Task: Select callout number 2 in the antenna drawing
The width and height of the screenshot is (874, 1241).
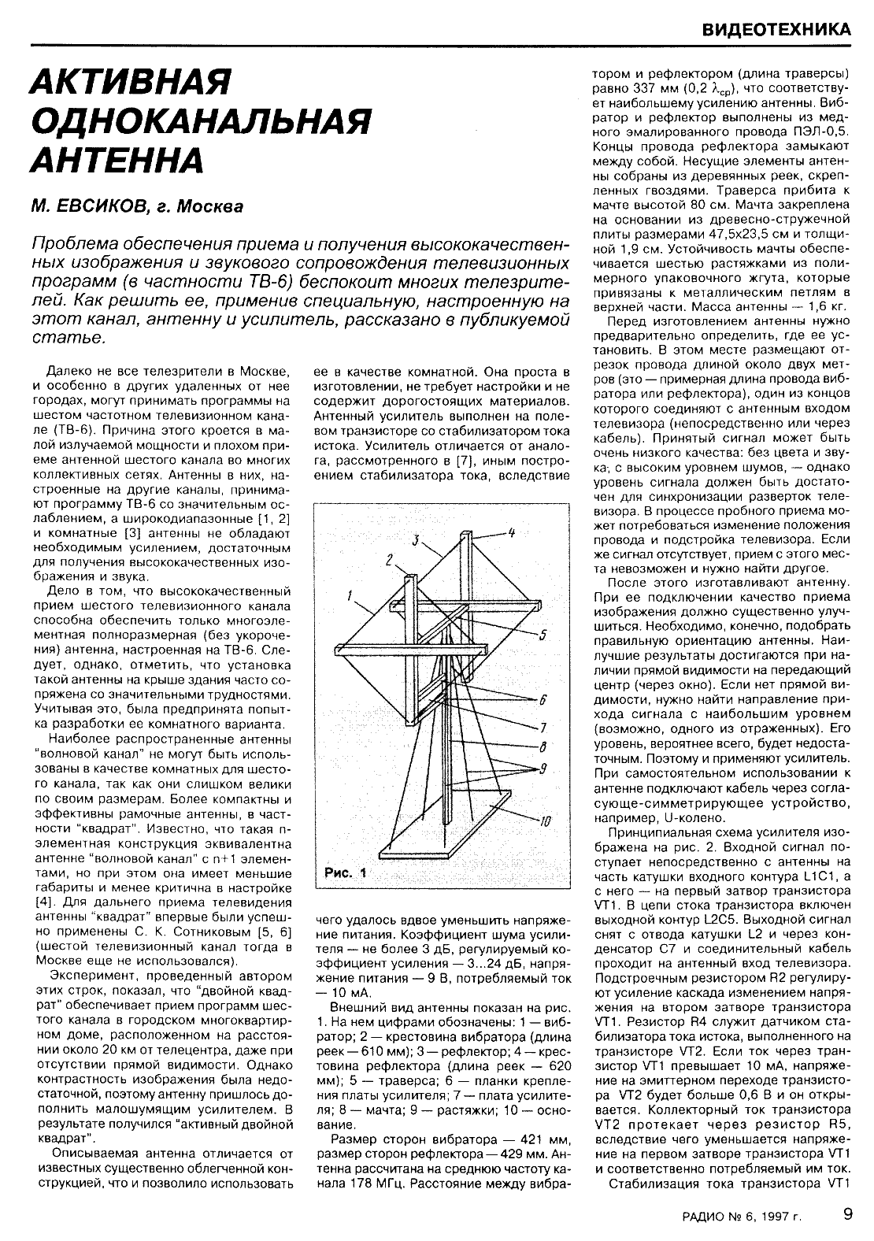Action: pos(389,560)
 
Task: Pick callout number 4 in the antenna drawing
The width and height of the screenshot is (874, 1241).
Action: pos(510,533)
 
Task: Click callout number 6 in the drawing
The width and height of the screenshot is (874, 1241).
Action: pos(543,700)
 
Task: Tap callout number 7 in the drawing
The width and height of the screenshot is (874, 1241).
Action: pos(543,727)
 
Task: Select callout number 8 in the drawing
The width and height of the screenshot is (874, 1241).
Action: pos(543,747)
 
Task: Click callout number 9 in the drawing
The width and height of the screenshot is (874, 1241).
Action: pos(543,769)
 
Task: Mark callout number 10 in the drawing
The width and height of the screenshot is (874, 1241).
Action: pos(544,823)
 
